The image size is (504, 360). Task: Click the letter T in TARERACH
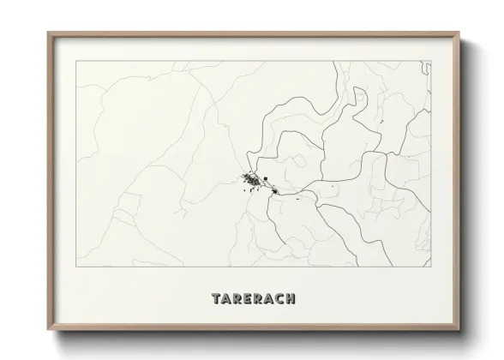tap(216, 299)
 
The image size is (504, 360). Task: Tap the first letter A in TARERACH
tap(227, 299)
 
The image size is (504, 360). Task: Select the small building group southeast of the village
tap(273, 192)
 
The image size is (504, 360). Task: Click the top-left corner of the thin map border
tap(76, 62)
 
